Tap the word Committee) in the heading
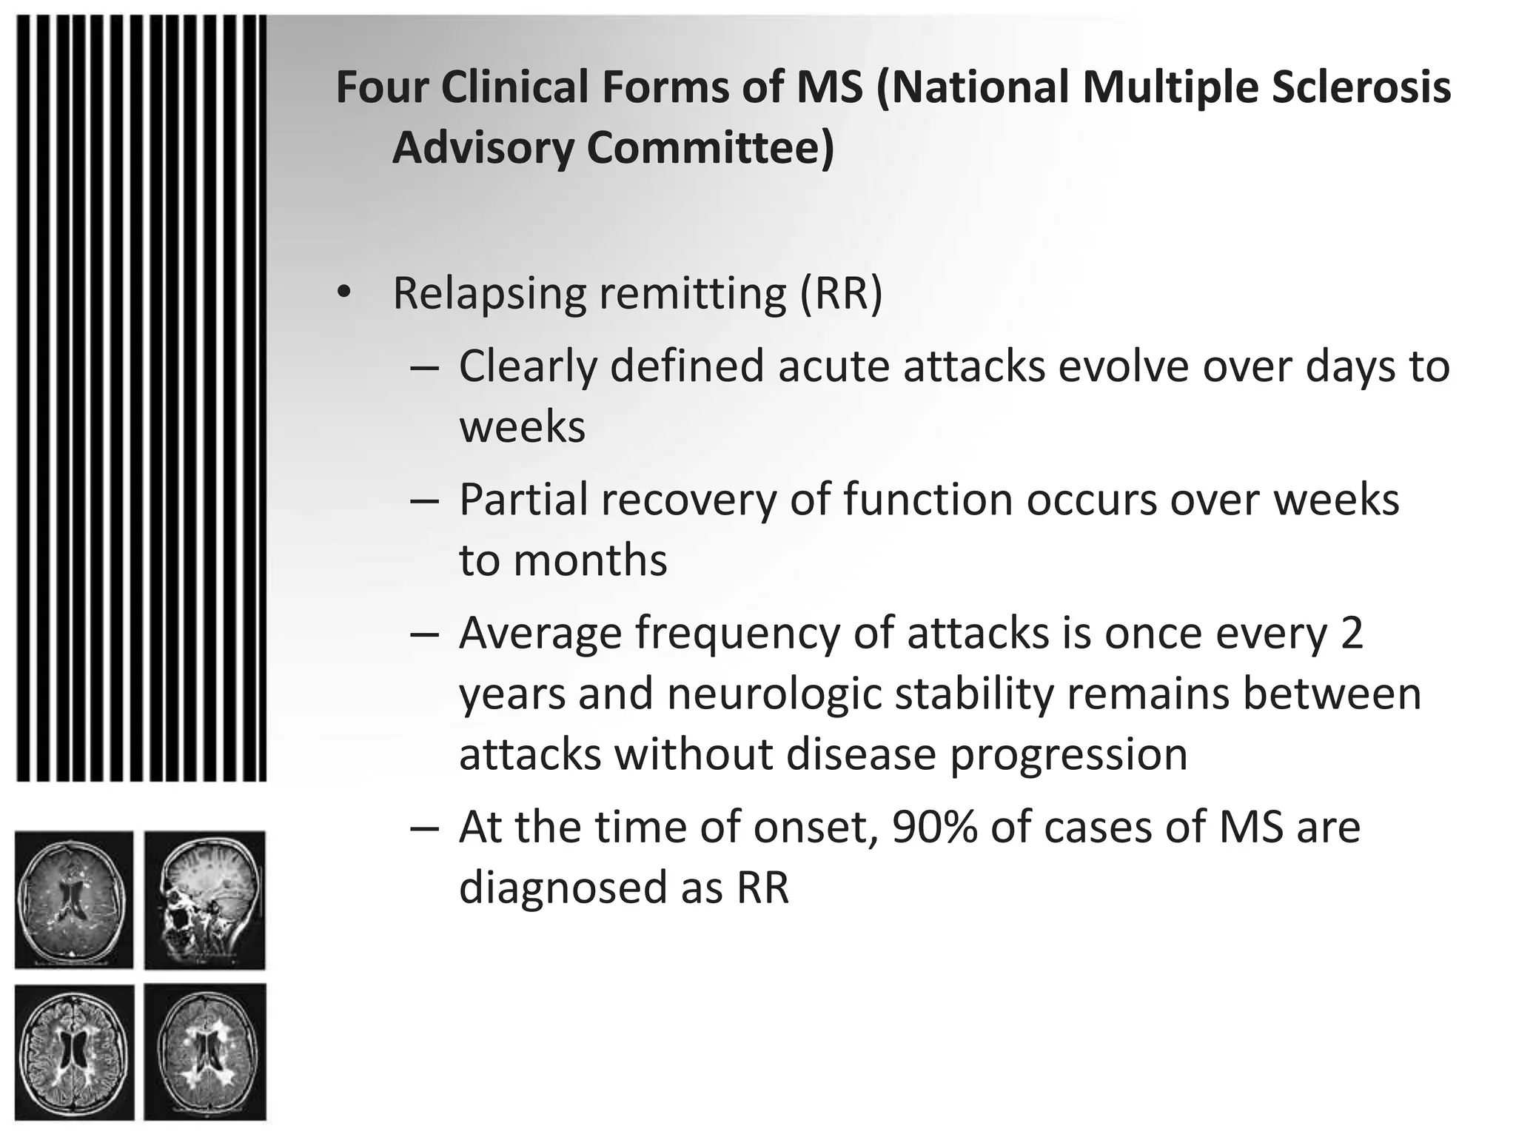tap(710, 148)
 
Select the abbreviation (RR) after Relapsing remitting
tap(841, 293)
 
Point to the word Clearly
tap(527, 366)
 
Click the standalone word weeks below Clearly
tap(522, 427)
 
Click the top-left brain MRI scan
tap(74, 899)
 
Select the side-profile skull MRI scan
tap(205, 899)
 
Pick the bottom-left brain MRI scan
tap(74, 1052)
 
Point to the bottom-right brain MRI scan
tap(205, 1052)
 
